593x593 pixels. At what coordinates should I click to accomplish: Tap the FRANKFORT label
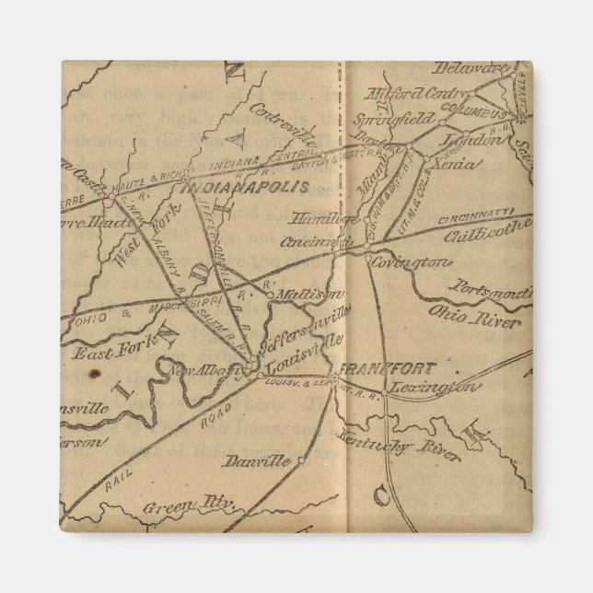(375, 368)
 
